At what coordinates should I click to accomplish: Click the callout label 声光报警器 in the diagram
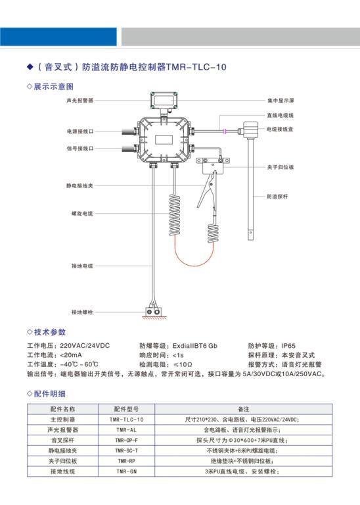(79, 101)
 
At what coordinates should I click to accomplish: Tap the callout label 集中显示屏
(281, 101)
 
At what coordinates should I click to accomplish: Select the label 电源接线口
(80, 132)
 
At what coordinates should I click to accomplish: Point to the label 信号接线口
(80, 149)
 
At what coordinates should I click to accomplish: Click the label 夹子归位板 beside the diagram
(281, 167)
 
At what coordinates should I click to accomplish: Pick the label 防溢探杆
(277, 197)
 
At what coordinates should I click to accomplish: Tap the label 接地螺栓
(82, 312)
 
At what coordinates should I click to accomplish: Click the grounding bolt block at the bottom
(153, 312)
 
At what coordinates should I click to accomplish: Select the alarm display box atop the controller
(164, 100)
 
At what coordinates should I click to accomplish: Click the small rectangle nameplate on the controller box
(164, 140)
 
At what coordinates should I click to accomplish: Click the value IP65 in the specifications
(288, 346)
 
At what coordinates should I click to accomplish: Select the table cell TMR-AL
(126, 430)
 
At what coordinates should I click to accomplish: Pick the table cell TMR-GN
(126, 471)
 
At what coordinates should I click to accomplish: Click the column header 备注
(244, 409)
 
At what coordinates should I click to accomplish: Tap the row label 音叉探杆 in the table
(62, 441)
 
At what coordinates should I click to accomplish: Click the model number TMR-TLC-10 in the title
(196, 67)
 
